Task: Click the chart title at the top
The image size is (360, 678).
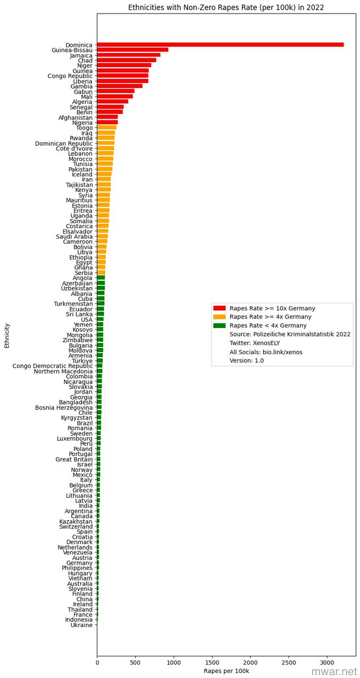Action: click(x=226, y=7)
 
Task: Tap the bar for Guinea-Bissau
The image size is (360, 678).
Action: click(x=132, y=50)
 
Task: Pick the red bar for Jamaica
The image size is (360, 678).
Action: click(x=128, y=55)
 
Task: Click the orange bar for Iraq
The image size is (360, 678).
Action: click(x=106, y=133)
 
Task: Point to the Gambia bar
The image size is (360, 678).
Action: click(x=119, y=86)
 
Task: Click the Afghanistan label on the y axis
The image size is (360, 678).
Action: click(x=76, y=118)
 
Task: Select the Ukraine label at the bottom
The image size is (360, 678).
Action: click(x=81, y=625)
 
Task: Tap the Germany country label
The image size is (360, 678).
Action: click(x=79, y=563)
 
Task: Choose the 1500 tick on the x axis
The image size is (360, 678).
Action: click(x=212, y=660)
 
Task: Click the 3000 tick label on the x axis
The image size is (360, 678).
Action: click(x=327, y=660)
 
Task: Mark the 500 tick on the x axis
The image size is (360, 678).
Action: click(x=135, y=660)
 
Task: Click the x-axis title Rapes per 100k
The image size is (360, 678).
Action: click(x=226, y=671)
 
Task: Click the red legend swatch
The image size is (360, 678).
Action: click(x=219, y=308)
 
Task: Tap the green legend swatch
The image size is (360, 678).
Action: click(x=219, y=325)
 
